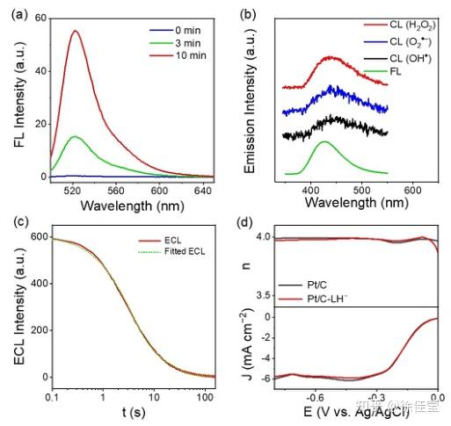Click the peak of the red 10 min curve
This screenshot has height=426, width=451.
[x=76, y=31]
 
